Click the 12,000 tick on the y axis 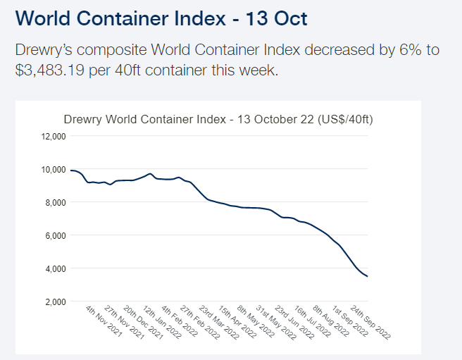point(54,136)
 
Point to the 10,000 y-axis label point(54,169)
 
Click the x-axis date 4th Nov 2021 point(104,323)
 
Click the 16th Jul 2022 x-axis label point(311,323)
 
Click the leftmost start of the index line point(70,170)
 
